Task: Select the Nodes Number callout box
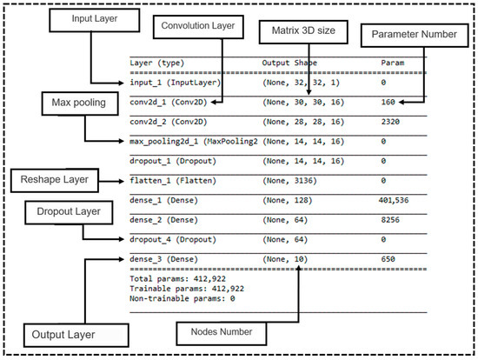pos(216,332)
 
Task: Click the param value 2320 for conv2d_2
pos(391,122)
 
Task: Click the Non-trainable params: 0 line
pos(183,297)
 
